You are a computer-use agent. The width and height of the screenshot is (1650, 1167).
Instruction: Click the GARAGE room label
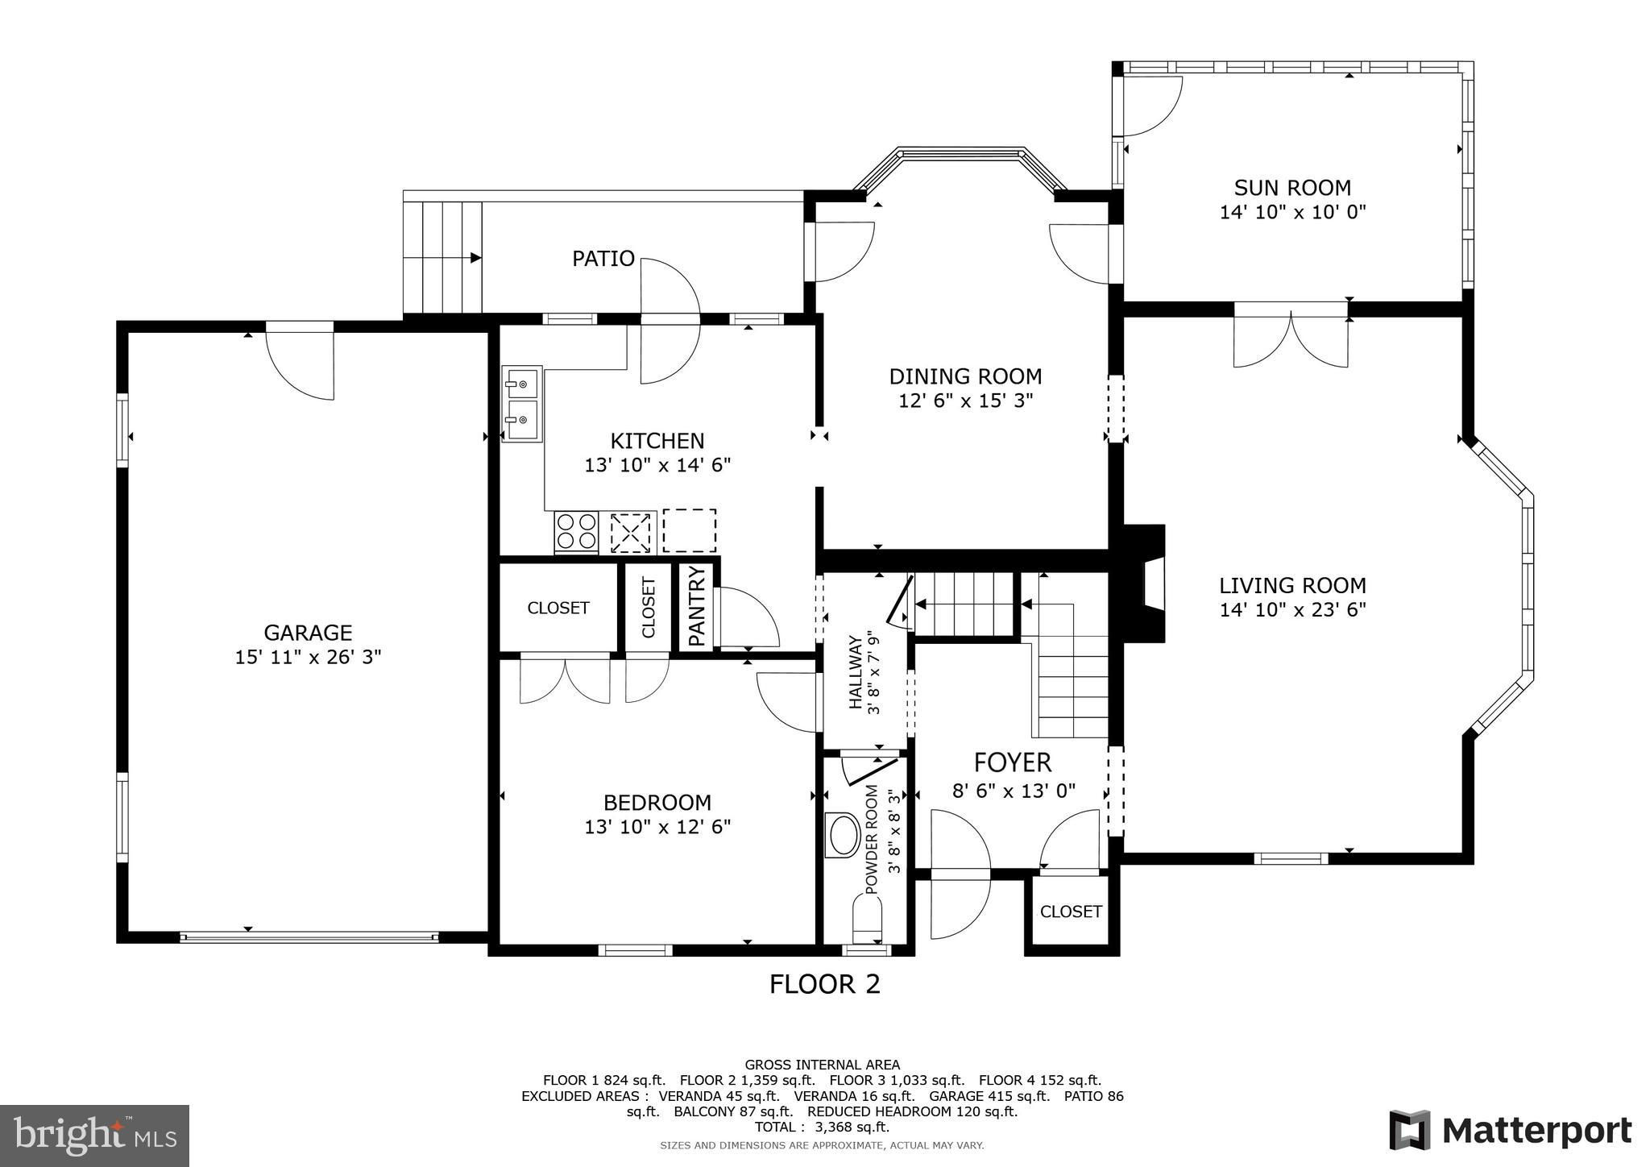point(308,633)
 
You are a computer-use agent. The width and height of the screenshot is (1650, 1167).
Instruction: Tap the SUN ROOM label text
point(1292,188)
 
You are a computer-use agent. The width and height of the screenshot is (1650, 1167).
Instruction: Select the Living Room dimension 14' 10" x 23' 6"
point(1292,610)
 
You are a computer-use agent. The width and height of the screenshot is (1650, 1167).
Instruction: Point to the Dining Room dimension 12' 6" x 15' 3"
point(965,401)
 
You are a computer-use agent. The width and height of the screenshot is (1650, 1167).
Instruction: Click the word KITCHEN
point(657,441)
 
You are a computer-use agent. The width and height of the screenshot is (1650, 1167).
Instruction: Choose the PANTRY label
point(697,606)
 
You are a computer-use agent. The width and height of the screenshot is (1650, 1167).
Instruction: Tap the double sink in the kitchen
point(522,404)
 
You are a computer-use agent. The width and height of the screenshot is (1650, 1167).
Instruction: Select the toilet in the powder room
point(867,919)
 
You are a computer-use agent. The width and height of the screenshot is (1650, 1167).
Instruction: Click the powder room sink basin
point(844,835)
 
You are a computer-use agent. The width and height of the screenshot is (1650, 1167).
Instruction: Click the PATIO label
point(603,259)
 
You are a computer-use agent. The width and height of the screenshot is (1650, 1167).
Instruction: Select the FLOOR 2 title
point(824,984)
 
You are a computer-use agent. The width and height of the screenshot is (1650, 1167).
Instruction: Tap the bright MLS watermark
point(95,1136)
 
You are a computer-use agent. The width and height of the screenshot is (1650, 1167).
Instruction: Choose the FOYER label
point(1013,762)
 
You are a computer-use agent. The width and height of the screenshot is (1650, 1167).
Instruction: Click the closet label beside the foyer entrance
point(1071,912)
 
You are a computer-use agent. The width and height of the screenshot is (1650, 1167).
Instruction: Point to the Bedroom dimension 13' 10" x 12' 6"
point(657,827)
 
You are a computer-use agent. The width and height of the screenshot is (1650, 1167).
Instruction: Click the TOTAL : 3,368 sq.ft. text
point(822,1127)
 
